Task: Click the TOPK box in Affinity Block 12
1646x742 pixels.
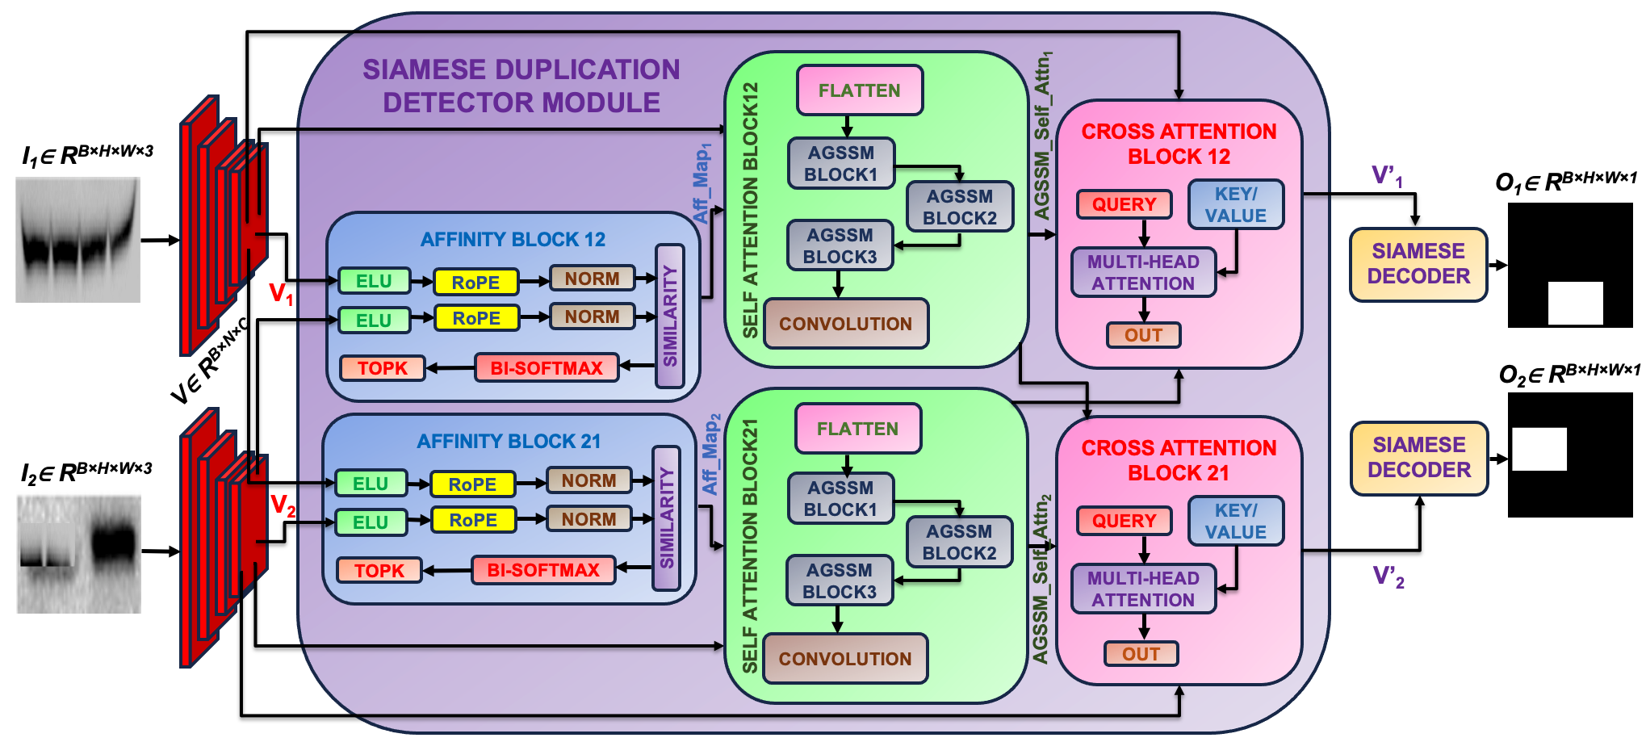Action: [x=382, y=368]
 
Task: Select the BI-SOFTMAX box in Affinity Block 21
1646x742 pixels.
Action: [x=543, y=570]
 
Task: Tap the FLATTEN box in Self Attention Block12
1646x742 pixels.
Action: [x=860, y=90]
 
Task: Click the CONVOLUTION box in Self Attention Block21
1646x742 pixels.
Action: [x=845, y=659]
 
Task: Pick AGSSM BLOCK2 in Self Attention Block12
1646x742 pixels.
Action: [x=960, y=207]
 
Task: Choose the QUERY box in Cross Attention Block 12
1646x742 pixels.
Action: [x=1124, y=204]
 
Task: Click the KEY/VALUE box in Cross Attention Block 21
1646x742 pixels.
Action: [x=1236, y=522]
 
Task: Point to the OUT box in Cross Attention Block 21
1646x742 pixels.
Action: [x=1141, y=654]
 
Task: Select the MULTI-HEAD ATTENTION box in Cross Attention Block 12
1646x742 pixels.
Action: [x=1143, y=272]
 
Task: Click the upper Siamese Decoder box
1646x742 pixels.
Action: [x=1418, y=264]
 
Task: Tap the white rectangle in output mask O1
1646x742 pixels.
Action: [x=1575, y=304]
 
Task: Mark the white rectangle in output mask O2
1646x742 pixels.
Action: [x=1539, y=449]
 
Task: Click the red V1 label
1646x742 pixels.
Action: [x=281, y=294]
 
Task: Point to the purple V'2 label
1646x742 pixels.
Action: [x=1388, y=576]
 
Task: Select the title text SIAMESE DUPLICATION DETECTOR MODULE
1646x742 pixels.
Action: [x=521, y=86]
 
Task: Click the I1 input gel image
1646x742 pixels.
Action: [x=77, y=240]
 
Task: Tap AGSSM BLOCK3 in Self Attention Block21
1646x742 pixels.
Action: [x=840, y=581]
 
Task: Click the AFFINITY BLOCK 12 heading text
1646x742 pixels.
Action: [x=513, y=239]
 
